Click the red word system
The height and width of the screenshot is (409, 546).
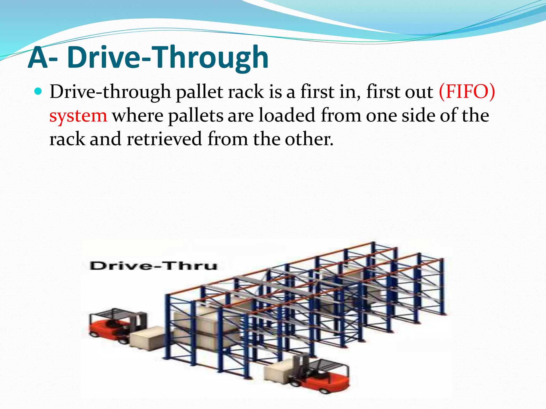coord(78,116)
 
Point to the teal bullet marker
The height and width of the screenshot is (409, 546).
coord(39,92)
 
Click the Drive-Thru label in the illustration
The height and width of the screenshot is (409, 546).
coord(153,266)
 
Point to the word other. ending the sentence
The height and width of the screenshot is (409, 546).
coord(309,139)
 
